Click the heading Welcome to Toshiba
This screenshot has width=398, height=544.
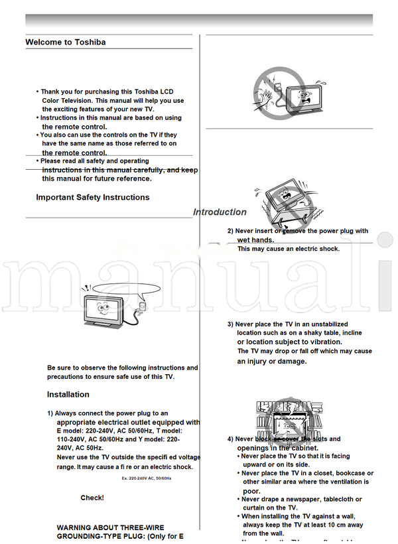66,42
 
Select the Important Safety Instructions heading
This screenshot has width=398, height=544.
93,198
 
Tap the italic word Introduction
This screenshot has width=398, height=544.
220,212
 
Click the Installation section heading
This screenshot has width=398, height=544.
68,395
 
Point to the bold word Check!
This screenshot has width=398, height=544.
92,498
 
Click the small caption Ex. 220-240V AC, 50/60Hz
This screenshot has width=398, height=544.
147,478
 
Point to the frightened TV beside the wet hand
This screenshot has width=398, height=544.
303,95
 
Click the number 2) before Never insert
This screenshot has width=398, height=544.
230,232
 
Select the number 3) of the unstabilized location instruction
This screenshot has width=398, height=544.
230,324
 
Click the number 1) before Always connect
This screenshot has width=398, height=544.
50,413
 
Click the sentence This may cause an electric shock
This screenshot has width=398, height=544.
289,249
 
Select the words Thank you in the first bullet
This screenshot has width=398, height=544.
57,92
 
